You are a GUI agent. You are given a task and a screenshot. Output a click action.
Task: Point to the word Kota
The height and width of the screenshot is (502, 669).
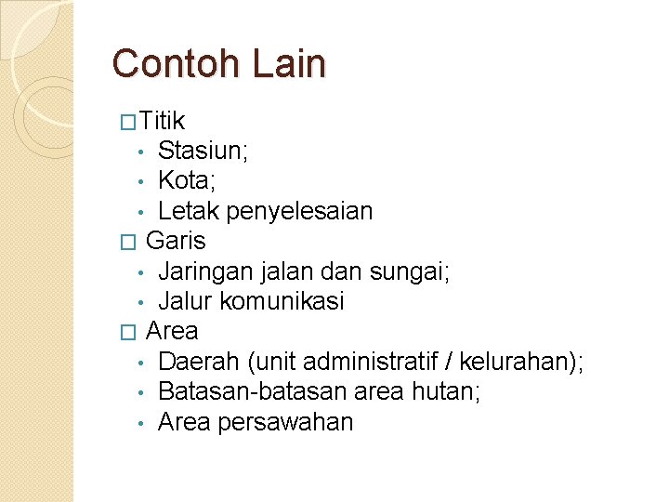[x=186, y=180]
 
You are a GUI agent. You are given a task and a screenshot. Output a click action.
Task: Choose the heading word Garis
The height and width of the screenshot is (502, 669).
[x=176, y=241]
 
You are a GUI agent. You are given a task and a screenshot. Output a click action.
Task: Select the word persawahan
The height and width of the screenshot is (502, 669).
[x=285, y=422]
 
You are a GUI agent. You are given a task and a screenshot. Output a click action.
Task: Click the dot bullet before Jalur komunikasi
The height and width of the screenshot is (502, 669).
[x=138, y=303]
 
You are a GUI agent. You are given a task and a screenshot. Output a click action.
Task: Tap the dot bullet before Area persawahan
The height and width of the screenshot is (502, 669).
[x=138, y=424]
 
